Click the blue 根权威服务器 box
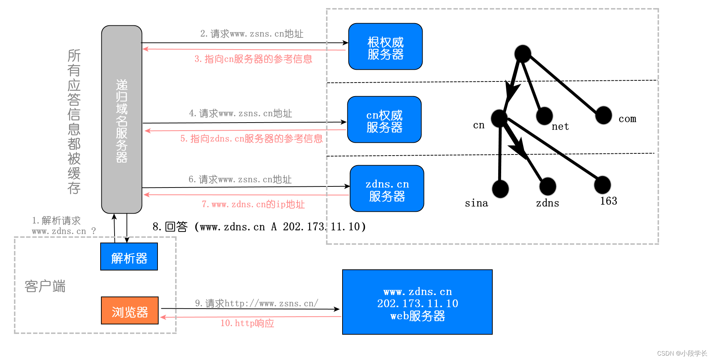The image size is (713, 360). tap(385, 47)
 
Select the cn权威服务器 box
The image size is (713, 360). tap(384, 120)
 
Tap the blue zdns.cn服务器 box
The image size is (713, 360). tap(387, 189)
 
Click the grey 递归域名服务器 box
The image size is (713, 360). tap(122, 119)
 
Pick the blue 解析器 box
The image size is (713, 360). tap(129, 257)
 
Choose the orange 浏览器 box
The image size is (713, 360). tap(130, 310)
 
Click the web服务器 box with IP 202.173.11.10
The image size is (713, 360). tap(417, 302)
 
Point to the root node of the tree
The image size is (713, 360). tap(522, 54)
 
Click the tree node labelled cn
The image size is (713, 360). tap(499, 118)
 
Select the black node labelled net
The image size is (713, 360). tap(544, 116)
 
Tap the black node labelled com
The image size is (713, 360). tap(603, 115)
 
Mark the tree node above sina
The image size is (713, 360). tap(500, 189)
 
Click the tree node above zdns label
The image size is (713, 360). tap(547, 186)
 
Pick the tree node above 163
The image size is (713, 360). tap(602, 185)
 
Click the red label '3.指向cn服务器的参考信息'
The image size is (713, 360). tap(253, 59)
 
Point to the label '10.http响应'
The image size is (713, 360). tap(247, 323)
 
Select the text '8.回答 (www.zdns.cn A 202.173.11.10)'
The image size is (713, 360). tap(259, 227)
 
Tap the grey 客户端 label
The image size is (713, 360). tap(45, 286)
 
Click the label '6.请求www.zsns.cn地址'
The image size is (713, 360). tap(240, 179)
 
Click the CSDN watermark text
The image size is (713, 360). tap(681, 353)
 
